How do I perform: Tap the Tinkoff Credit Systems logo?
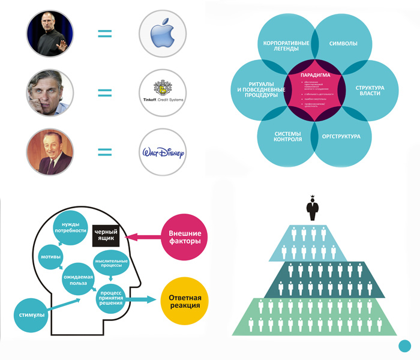161,92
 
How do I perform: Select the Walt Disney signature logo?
161,152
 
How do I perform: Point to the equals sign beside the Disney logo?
104,152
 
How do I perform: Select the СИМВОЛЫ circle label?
344,44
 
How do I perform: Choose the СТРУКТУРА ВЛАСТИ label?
370,91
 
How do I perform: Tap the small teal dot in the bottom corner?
405,346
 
